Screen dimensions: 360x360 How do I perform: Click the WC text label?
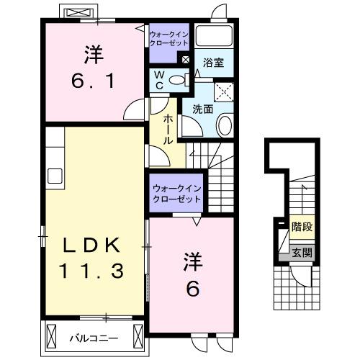point(160,80)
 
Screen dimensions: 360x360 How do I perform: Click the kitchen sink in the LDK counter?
point(55,176)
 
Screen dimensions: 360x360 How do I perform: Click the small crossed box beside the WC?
point(186,60)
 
